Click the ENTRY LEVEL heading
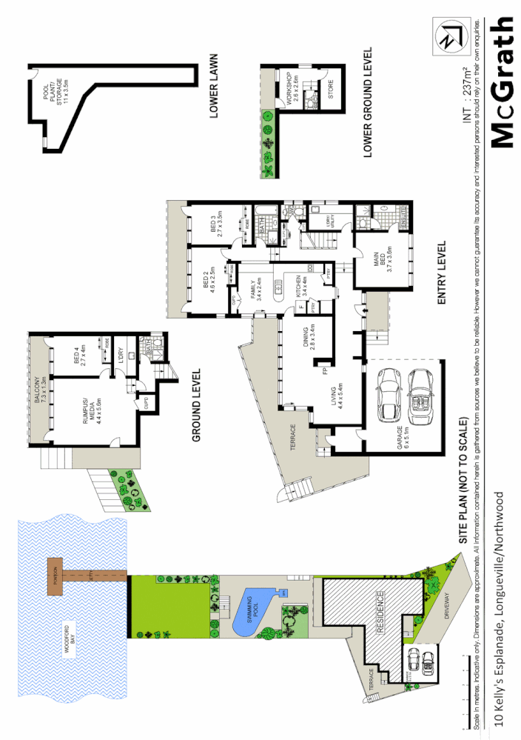tap(443, 273)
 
